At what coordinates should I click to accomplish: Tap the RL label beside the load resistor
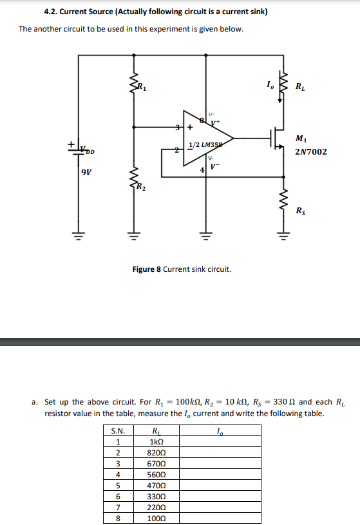point(301,87)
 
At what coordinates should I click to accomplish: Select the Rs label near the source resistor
point(301,211)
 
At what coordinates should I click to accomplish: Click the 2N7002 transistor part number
point(310,152)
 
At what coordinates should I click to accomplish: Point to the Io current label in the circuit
point(269,84)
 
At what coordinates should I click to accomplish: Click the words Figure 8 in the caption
point(146,269)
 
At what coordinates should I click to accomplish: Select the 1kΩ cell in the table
point(155,441)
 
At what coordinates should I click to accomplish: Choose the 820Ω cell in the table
point(155,453)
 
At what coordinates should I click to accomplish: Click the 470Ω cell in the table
point(155,486)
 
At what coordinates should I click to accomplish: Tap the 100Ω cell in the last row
point(155,519)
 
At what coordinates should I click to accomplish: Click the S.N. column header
point(117,431)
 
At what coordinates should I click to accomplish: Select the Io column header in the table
point(220,431)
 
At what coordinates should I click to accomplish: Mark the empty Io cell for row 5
point(220,486)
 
